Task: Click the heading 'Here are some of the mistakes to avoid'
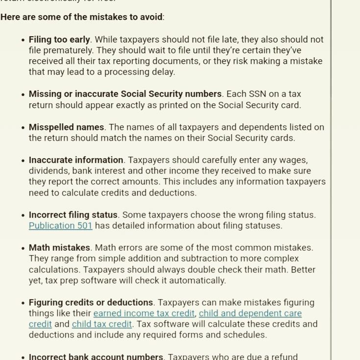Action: click(x=81, y=17)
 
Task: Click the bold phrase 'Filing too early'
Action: click(x=59, y=40)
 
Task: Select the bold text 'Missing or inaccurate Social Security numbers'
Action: click(x=125, y=94)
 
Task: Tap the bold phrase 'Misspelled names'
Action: click(x=66, y=127)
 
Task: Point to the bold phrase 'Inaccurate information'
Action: click(x=76, y=160)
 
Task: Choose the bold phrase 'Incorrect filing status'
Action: click(x=73, y=215)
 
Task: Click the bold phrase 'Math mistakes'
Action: click(x=59, y=248)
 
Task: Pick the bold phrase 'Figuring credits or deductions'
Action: click(x=91, y=303)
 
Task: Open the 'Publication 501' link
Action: click(x=60, y=226)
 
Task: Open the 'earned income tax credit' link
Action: click(x=144, y=313)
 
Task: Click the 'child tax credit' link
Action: click(x=102, y=324)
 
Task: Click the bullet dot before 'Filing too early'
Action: click(x=23, y=40)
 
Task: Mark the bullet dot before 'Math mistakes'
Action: click(x=23, y=248)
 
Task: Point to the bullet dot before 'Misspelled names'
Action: click(x=23, y=128)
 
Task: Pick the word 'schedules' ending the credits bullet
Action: click(x=247, y=335)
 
